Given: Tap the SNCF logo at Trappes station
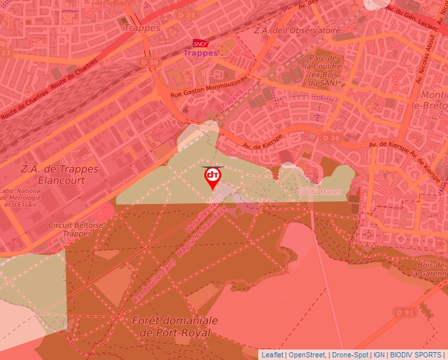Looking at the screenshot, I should pyautogui.click(x=200, y=43).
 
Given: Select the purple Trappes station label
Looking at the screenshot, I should pyautogui.click(x=200, y=53).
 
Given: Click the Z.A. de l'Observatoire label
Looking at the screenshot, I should pyautogui.click(x=297, y=30).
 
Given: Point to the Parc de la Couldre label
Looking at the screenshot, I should pyautogui.click(x=323, y=66).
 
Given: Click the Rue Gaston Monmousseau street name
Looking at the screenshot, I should pyautogui.click(x=208, y=87).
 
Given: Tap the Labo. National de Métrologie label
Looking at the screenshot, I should pyautogui.click(x=21, y=197).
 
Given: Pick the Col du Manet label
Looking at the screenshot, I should pyautogui.click(x=320, y=192).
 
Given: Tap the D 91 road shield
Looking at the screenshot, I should pyautogui.click(x=405, y=311).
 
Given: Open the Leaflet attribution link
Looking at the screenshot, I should pyautogui.click(x=272, y=355).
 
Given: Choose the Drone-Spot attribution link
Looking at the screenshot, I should pyautogui.click(x=350, y=355).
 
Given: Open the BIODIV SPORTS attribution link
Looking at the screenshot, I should pyautogui.click(x=416, y=355).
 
